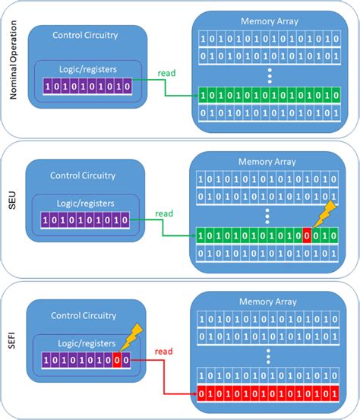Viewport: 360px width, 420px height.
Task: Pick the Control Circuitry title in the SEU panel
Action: [x=84, y=175]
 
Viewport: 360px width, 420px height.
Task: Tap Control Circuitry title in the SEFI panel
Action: [x=84, y=314]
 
